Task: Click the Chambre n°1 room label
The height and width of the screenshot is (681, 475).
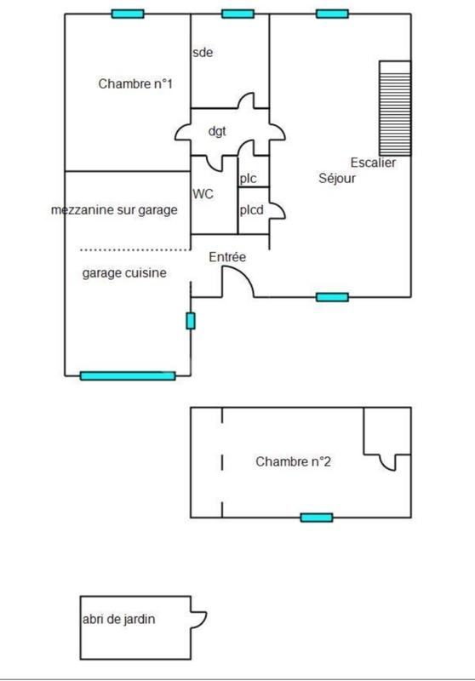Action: coord(135,83)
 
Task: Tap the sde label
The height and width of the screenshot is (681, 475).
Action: coord(202,52)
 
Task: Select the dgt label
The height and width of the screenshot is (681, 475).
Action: coord(216,131)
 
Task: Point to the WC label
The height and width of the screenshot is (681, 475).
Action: coord(203,193)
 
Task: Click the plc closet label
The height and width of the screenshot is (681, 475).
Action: coord(248,179)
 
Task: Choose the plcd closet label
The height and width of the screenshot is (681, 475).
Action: coord(251,209)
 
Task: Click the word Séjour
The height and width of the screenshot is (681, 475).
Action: coord(337,179)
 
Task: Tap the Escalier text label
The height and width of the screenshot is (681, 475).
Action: coord(373,163)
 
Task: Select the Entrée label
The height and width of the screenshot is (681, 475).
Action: coord(227,256)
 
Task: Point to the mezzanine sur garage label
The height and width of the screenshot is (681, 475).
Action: coord(114,209)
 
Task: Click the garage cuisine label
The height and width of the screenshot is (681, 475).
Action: coord(124,273)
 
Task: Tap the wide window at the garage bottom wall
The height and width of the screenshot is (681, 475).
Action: coord(128,375)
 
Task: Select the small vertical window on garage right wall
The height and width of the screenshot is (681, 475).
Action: coord(191,321)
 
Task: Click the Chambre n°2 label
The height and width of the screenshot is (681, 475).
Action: coord(293,462)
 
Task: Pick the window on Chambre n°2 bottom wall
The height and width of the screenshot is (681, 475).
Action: coord(316,517)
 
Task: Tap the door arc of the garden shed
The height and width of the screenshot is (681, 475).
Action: coord(199,619)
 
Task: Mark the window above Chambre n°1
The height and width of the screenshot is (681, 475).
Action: coord(128,14)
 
